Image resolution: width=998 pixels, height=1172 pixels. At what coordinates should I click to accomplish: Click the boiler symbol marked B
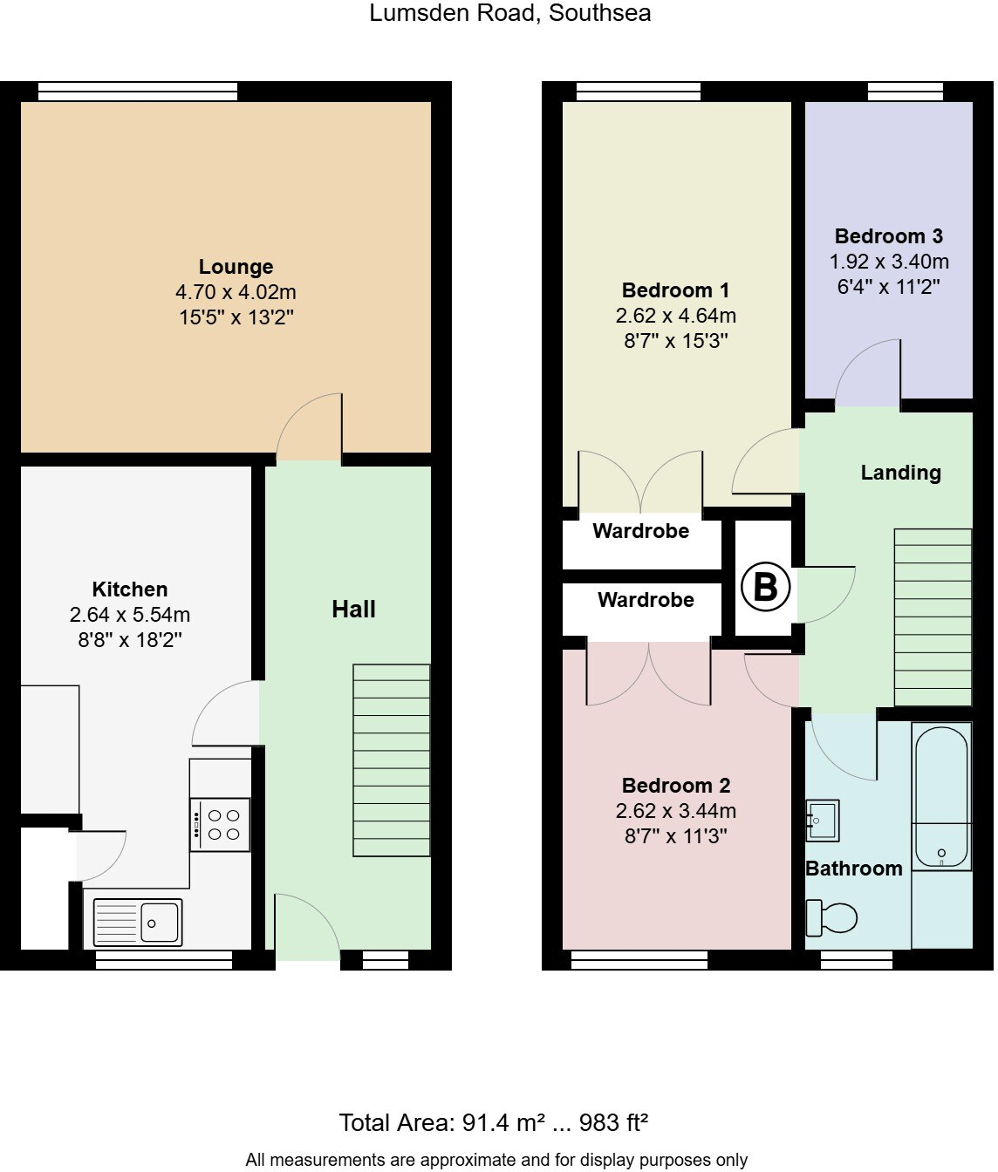pyautogui.click(x=765, y=587)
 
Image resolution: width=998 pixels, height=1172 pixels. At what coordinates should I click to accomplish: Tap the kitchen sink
pyautogui.click(x=138, y=922)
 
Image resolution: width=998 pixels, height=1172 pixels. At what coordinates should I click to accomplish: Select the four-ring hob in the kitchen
pyautogui.click(x=221, y=825)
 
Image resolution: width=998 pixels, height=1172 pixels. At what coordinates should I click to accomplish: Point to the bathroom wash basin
pyautogui.click(x=822, y=821)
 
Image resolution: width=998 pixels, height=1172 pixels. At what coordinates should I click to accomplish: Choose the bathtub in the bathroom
pyautogui.click(x=940, y=796)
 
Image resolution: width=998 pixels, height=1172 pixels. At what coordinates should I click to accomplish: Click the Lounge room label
pyautogui.click(x=236, y=267)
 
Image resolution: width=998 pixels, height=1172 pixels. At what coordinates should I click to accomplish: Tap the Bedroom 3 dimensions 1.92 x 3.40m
pyautogui.click(x=888, y=262)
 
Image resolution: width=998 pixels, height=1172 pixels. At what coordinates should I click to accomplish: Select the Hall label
pyautogui.click(x=353, y=609)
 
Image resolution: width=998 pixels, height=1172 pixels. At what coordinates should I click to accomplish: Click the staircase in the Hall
pyautogui.click(x=392, y=760)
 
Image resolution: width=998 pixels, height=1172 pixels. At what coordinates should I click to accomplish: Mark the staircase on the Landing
pyautogui.click(x=933, y=617)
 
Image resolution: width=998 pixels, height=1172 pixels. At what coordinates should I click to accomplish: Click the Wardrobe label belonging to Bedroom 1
pyautogui.click(x=640, y=531)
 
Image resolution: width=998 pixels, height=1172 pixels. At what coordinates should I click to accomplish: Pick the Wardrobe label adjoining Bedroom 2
pyautogui.click(x=646, y=600)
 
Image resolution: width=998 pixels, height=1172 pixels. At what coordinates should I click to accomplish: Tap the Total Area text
pyautogui.click(x=493, y=1122)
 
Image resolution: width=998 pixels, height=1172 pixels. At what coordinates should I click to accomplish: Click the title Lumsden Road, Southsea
pyautogui.click(x=509, y=13)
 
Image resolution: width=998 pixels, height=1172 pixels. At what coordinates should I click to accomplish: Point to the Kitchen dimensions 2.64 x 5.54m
pyautogui.click(x=130, y=615)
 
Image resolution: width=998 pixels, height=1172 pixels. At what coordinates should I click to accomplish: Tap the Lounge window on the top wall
pyautogui.click(x=138, y=92)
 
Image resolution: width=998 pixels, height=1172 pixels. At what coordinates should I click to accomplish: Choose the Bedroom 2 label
pyautogui.click(x=675, y=785)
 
